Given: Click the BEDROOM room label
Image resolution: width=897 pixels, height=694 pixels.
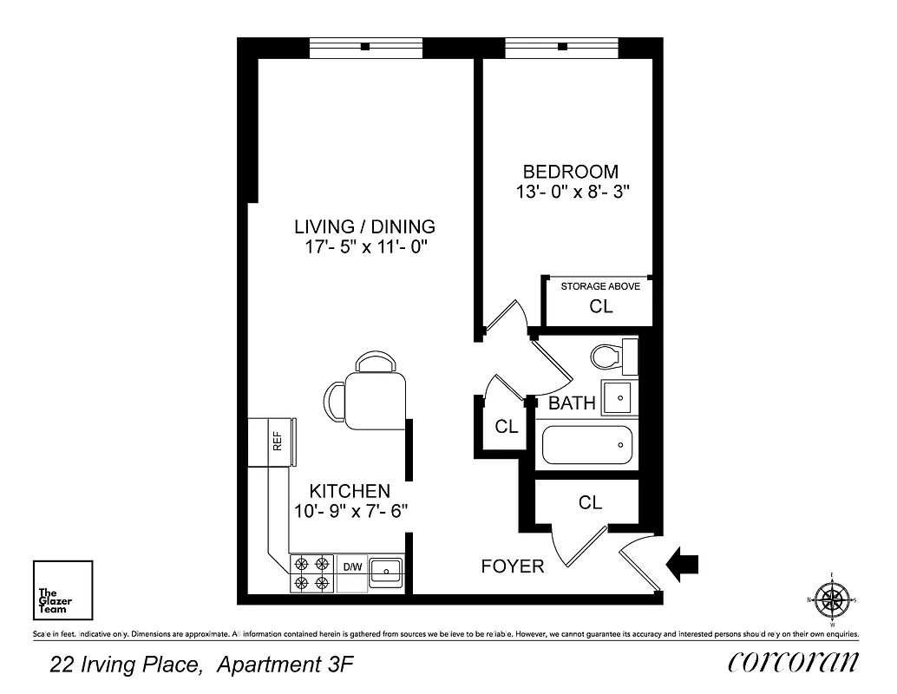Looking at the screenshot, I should tap(570, 172).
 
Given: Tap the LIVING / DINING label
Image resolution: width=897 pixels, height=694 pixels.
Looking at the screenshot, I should tap(364, 227).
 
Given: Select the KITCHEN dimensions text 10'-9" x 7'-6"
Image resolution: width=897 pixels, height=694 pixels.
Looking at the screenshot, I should tap(350, 512).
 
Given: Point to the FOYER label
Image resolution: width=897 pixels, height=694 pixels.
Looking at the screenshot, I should tap(513, 566).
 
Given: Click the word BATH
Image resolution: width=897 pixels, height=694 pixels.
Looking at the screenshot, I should tap(572, 403).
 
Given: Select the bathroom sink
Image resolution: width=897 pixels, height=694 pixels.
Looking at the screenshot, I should tap(619, 397).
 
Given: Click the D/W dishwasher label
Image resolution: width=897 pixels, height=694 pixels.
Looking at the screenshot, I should tap(352, 567).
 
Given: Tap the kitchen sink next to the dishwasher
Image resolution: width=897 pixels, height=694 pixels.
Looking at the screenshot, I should tap(384, 572).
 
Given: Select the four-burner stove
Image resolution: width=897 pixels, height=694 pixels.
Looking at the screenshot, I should tap(312, 573).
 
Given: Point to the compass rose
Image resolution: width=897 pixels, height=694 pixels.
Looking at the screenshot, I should tap(832, 599).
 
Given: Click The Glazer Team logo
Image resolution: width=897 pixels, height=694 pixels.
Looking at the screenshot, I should tap(62, 591).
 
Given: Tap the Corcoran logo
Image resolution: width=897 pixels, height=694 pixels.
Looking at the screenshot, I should tap(793, 662).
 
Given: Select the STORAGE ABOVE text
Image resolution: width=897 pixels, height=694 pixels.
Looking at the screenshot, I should tap(600, 286).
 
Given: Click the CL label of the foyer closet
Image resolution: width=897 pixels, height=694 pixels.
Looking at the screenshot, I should tap(590, 503).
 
